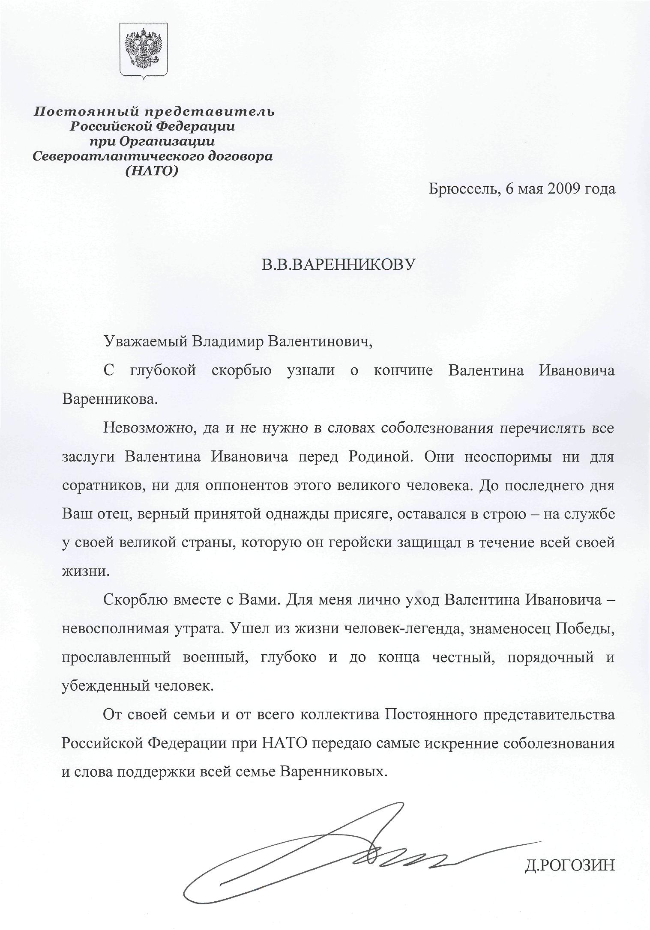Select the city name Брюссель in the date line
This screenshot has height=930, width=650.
[461, 189]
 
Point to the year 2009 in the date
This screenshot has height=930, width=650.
[562, 189]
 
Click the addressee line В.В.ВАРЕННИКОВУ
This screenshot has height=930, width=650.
[338, 265]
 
